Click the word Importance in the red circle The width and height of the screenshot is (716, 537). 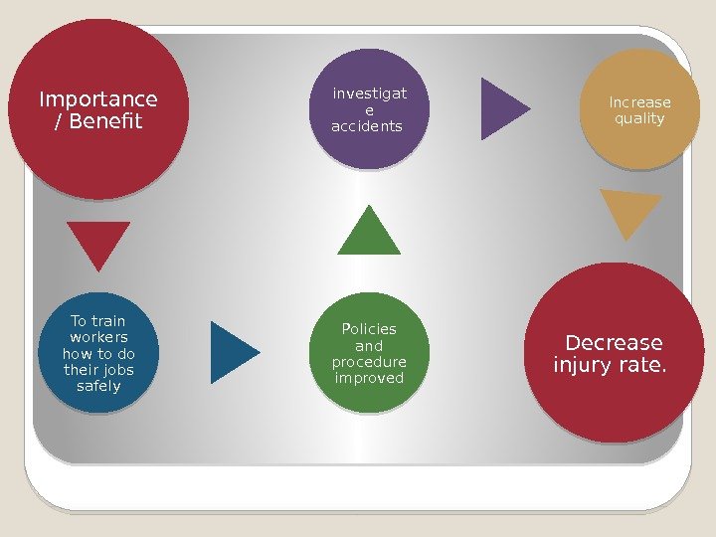[x=97, y=99]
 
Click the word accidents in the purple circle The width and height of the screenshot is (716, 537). [x=367, y=126]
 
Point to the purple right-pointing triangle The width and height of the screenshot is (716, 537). [x=502, y=107]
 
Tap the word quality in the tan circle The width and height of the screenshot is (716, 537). [x=639, y=119]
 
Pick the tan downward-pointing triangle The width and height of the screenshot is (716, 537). [x=629, y=211]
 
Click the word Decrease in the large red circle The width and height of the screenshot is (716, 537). [x=614, y=343]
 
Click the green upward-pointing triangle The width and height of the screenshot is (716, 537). [x=369, y=234]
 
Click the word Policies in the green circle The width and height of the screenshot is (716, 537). [x=369, y=328]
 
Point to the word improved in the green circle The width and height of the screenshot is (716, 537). [x=369, y=378]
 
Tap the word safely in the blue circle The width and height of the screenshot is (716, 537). [x=98, y=386]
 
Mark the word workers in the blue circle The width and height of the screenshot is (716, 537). [x=98, y=337]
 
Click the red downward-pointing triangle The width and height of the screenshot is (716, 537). [x=98, y=242]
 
